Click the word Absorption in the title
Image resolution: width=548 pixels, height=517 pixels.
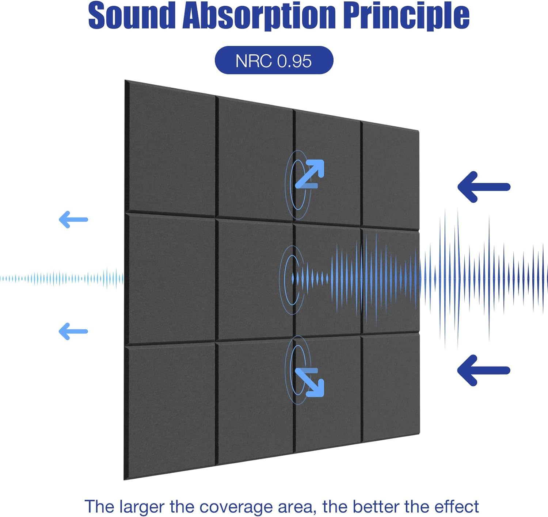(x=259, y=16)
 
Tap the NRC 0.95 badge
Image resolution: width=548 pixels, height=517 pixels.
(x=274, y=60)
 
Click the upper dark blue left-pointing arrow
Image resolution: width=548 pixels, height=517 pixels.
(x=483, y=187)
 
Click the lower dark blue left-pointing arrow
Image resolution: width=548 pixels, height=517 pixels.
(x=483, y=370)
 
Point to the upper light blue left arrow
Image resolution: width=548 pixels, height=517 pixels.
(x=73, y=220)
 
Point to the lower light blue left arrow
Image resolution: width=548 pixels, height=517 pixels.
(x=73, y=332)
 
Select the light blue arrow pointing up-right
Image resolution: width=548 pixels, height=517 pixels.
(x=310, y=173)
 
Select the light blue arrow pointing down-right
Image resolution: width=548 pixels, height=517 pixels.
(x=310, y=382)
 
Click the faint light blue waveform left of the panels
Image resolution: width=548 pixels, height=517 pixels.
(x=62, y=279)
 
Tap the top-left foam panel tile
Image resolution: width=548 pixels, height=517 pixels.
(x=171, y=150)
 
